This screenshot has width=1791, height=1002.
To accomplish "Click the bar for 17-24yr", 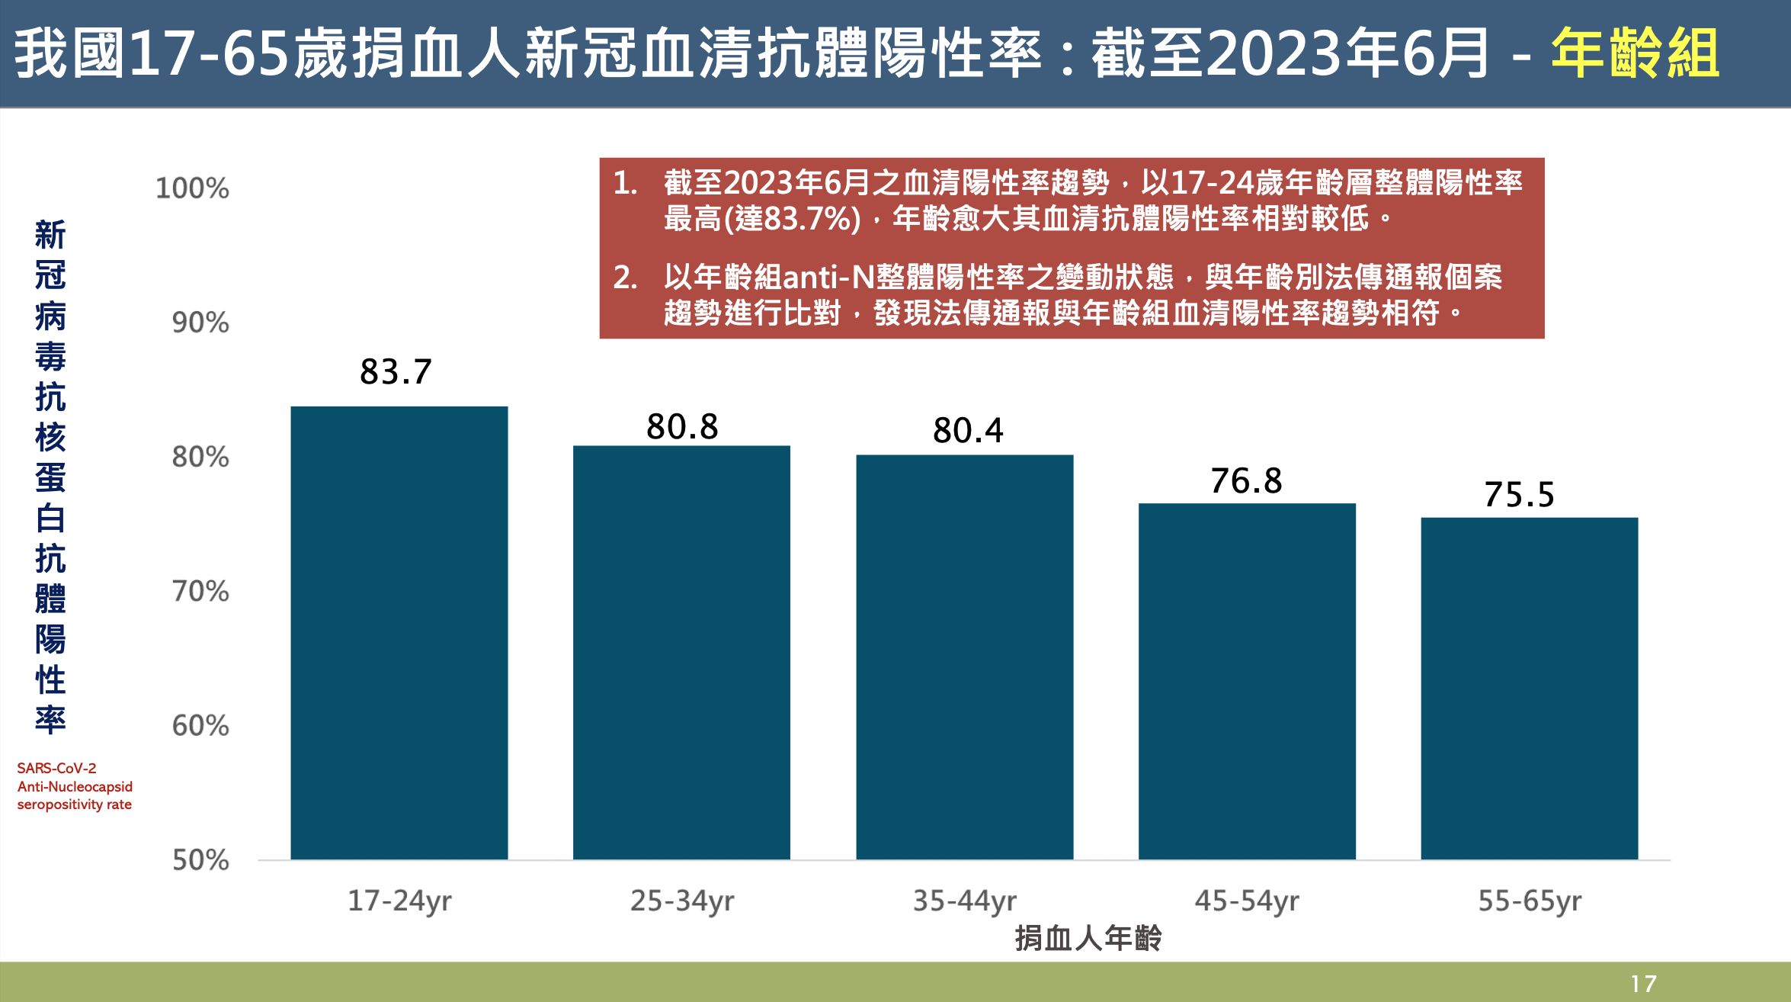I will [399, 633].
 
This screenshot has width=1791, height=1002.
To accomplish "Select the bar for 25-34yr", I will [681, 653].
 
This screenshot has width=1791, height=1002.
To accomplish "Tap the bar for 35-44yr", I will [964, 657].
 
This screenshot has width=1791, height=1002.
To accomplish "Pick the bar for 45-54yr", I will [1247, 681].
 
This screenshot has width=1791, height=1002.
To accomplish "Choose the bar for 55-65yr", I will [1529, 689].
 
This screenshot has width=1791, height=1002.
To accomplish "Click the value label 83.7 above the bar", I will [396, 372].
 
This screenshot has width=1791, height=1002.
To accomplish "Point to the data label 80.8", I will [682, 427].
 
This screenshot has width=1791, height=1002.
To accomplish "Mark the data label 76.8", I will [1246, 481].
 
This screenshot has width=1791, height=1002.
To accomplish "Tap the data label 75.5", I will [1518, 495].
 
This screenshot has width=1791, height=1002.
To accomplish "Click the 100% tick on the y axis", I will [192, 188].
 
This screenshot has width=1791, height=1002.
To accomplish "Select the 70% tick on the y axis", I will [200, 592].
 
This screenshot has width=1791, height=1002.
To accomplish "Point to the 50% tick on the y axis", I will [200, 860].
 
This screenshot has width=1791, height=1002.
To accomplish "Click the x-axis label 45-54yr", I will [1247, 901].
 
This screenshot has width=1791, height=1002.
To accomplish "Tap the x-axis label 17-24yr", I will [399, 901].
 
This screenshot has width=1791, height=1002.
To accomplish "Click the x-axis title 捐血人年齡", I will [1088, 938].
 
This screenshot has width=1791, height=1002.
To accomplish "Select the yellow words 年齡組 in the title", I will [1635, 53].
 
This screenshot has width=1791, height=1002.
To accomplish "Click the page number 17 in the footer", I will [1643, 984].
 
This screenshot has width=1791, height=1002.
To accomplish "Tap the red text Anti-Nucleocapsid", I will [75, 786].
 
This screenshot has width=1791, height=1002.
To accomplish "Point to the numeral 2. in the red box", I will [625, 278].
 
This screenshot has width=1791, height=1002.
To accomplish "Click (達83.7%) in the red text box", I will [792, 220].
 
